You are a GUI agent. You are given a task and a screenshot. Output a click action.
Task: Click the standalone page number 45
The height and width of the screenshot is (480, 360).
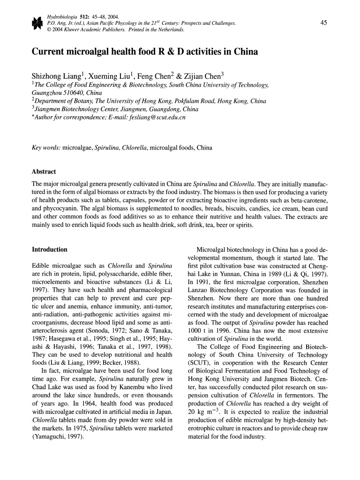coord(323,23)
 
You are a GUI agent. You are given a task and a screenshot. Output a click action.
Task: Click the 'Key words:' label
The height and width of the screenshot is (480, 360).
coord(46,148)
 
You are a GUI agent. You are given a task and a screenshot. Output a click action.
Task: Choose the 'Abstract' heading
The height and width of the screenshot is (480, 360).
coord(44,172)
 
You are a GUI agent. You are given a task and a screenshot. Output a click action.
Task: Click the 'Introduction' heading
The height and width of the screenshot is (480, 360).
coord(49,249)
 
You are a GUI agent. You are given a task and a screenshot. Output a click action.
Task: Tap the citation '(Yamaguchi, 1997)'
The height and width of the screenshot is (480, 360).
coord(58,436)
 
